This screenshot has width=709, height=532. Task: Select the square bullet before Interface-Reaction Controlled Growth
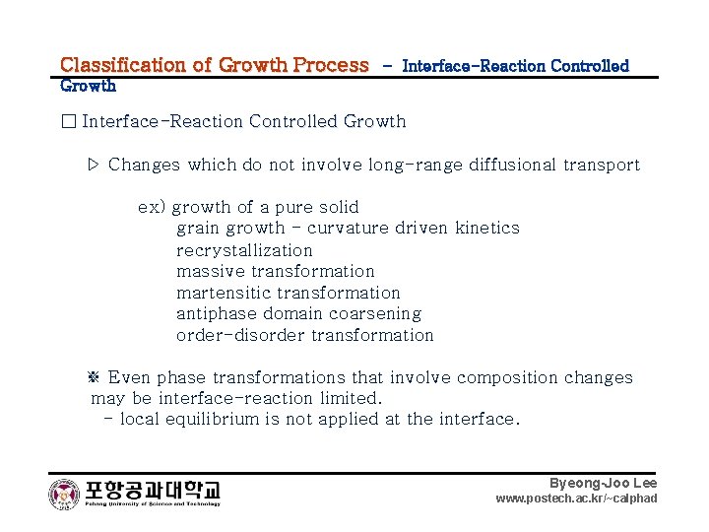[x=67, y=121]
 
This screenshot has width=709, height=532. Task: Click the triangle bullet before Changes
[x=94, y=165]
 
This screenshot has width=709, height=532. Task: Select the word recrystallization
[x=244, y=250]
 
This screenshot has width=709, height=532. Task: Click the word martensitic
[x=224, y=293]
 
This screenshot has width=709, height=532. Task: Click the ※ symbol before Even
[x=96, y=377]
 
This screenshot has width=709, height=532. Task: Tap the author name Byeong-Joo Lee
[x=603, y=483]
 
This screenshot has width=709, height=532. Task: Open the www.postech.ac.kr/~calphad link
[x=576, y=499]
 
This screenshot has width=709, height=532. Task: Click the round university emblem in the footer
[x=65, y=494]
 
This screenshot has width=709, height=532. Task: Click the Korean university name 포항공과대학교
[x=153, y=489]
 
